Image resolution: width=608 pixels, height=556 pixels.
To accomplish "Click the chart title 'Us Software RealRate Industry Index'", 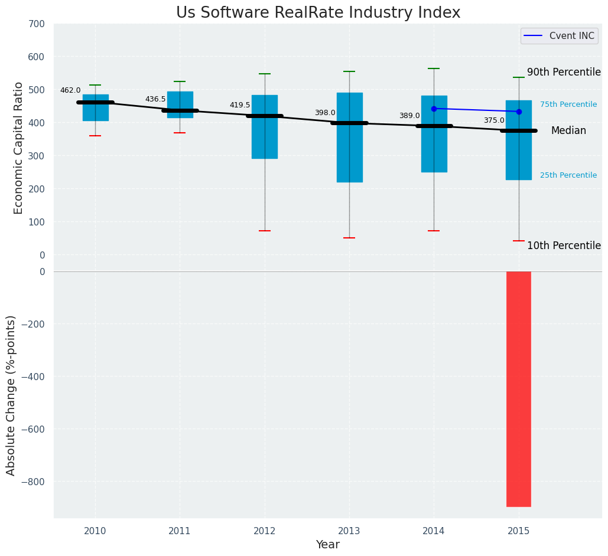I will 318,13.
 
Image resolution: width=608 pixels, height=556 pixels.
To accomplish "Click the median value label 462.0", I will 70,90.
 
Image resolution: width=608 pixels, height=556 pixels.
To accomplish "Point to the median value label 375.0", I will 494,120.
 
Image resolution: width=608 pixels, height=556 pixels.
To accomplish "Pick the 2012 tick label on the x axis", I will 265,531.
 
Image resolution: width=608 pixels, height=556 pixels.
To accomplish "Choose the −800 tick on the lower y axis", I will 31,482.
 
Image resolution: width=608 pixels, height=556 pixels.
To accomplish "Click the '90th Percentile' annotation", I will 564,72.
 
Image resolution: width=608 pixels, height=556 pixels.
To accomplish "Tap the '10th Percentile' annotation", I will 564,246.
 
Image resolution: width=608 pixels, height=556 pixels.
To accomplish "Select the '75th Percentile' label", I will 568,104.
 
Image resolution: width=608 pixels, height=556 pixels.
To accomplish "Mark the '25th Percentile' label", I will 568,175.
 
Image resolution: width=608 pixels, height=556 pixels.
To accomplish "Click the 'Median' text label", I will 568,131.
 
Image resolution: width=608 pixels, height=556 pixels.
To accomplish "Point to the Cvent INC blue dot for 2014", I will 434,109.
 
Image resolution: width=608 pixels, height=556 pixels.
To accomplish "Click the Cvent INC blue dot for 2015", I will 519,112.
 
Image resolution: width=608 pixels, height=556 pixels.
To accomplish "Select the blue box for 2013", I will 349,153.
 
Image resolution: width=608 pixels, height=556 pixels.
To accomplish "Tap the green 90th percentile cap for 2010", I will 95,85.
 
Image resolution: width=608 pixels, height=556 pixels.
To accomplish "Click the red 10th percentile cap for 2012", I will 265,231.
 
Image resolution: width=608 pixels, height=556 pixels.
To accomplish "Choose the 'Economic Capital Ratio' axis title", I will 18,148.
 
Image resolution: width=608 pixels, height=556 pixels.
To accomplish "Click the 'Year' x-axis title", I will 327,545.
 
